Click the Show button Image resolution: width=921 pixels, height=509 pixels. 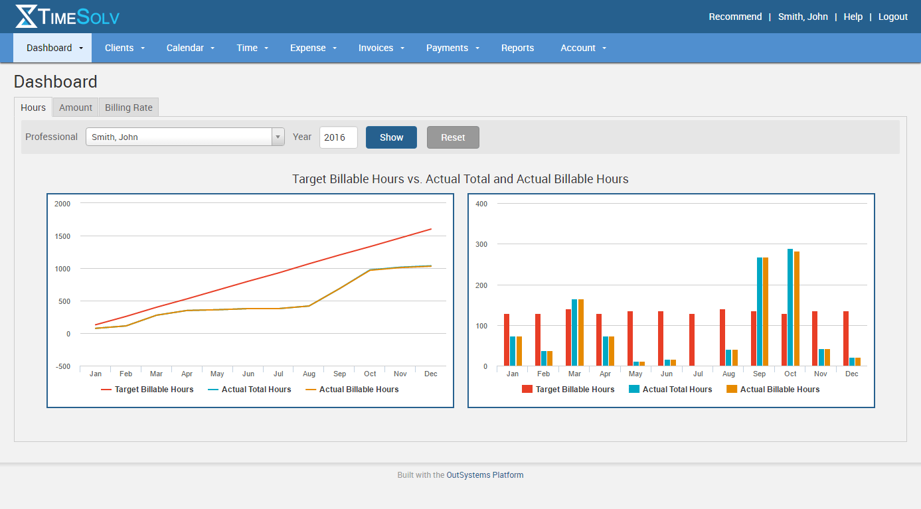[x=391, y=137]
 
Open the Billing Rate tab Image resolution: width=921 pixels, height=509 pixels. [x=129, y=108]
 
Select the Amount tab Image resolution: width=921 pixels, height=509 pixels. [x=76, y=108]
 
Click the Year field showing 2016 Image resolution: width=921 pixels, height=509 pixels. [x=338, y=137]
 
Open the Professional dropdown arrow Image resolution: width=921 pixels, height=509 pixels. [x=278, y=137]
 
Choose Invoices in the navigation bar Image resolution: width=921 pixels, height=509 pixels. [x=376, y=48]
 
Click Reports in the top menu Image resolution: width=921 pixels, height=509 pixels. [x=517, y=48]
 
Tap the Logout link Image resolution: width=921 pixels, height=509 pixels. [x=892, y=17]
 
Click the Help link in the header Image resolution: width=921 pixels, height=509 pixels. [x=853, y=17]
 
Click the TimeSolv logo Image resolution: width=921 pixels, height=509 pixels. [x=67, y=17]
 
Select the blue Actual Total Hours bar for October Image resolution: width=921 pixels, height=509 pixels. [x=790, y=308]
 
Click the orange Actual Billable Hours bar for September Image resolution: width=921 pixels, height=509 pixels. [x=766, y=312]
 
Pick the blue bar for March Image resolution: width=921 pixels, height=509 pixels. [x=574, y=332]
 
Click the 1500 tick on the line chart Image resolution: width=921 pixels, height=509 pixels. [x=62, y=236]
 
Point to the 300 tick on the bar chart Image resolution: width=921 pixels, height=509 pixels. [x=481, y=244]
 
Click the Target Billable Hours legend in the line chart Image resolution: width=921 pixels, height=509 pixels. [x=153, y=390]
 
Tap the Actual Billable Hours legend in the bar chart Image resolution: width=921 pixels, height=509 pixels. [x=780, y=390]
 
